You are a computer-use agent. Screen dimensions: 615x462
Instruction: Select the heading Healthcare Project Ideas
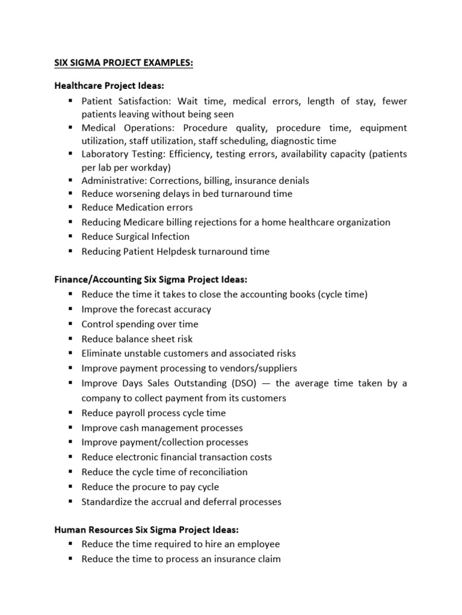click(109, 86)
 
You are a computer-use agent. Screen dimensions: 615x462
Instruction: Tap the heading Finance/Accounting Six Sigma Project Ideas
click(150, 280)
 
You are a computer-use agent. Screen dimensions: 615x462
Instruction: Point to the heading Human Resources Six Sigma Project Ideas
click(146, 530)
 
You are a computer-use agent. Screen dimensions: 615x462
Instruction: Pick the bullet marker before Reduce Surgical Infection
click(70, 237)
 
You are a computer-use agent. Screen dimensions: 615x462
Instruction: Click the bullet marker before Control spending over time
click(70, 324)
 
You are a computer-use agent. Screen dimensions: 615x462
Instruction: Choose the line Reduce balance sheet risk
click(137, 339)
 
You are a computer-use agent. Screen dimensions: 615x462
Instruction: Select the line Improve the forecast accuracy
click(146, 309)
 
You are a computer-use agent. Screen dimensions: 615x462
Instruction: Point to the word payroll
click(129, 413)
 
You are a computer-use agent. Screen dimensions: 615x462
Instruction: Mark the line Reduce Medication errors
click(137, 208)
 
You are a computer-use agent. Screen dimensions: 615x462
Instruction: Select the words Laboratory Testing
click(120, 154)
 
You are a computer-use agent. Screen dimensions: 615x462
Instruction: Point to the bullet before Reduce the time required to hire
click(70, 544)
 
